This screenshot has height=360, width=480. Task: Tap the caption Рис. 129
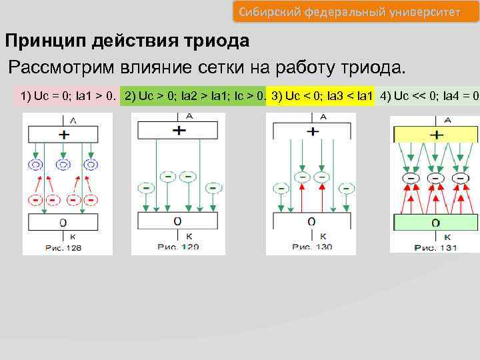(x=179, y=247)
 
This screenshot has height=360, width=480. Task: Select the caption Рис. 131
(x=435, y=247)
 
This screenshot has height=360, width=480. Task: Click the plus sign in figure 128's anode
(x=63, y=135)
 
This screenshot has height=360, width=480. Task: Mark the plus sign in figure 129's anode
(x=179, y=131)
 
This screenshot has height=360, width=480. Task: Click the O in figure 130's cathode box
(x=311, y=221)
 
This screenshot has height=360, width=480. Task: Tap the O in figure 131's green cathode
(x=435, y=223)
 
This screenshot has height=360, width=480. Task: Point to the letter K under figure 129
(x=189, y=236)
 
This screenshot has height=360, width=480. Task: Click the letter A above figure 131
(x=447, y=120)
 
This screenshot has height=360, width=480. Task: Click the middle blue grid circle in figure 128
(x=63, y=164)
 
